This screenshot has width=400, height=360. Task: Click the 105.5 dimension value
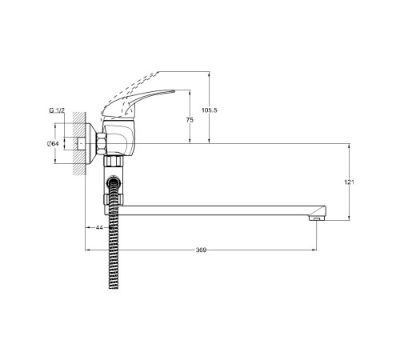pyautogui.click(x=210, y=110)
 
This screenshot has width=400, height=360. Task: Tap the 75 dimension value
pyautogui.click(x=190, y=120)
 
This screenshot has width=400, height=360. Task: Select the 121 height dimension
pyautogui.click(x=349, y=182)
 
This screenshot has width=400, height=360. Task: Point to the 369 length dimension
pyautogui.click(x=201, y=250)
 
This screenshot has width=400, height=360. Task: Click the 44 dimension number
pyautogui.click(x=99, y=227)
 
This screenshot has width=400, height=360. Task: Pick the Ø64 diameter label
pyautogui.click(x=53, y=143)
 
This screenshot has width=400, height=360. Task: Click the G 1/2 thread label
pyautogui.click(x=57, y=110)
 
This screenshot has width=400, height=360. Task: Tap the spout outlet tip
pyautogui.click(x=317, y=218)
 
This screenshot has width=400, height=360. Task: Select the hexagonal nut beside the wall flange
pyautogui.click(x=102, y=143)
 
